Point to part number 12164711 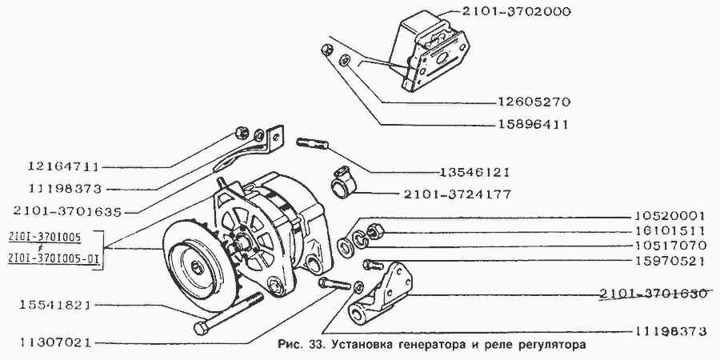click(x=52, y=168)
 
